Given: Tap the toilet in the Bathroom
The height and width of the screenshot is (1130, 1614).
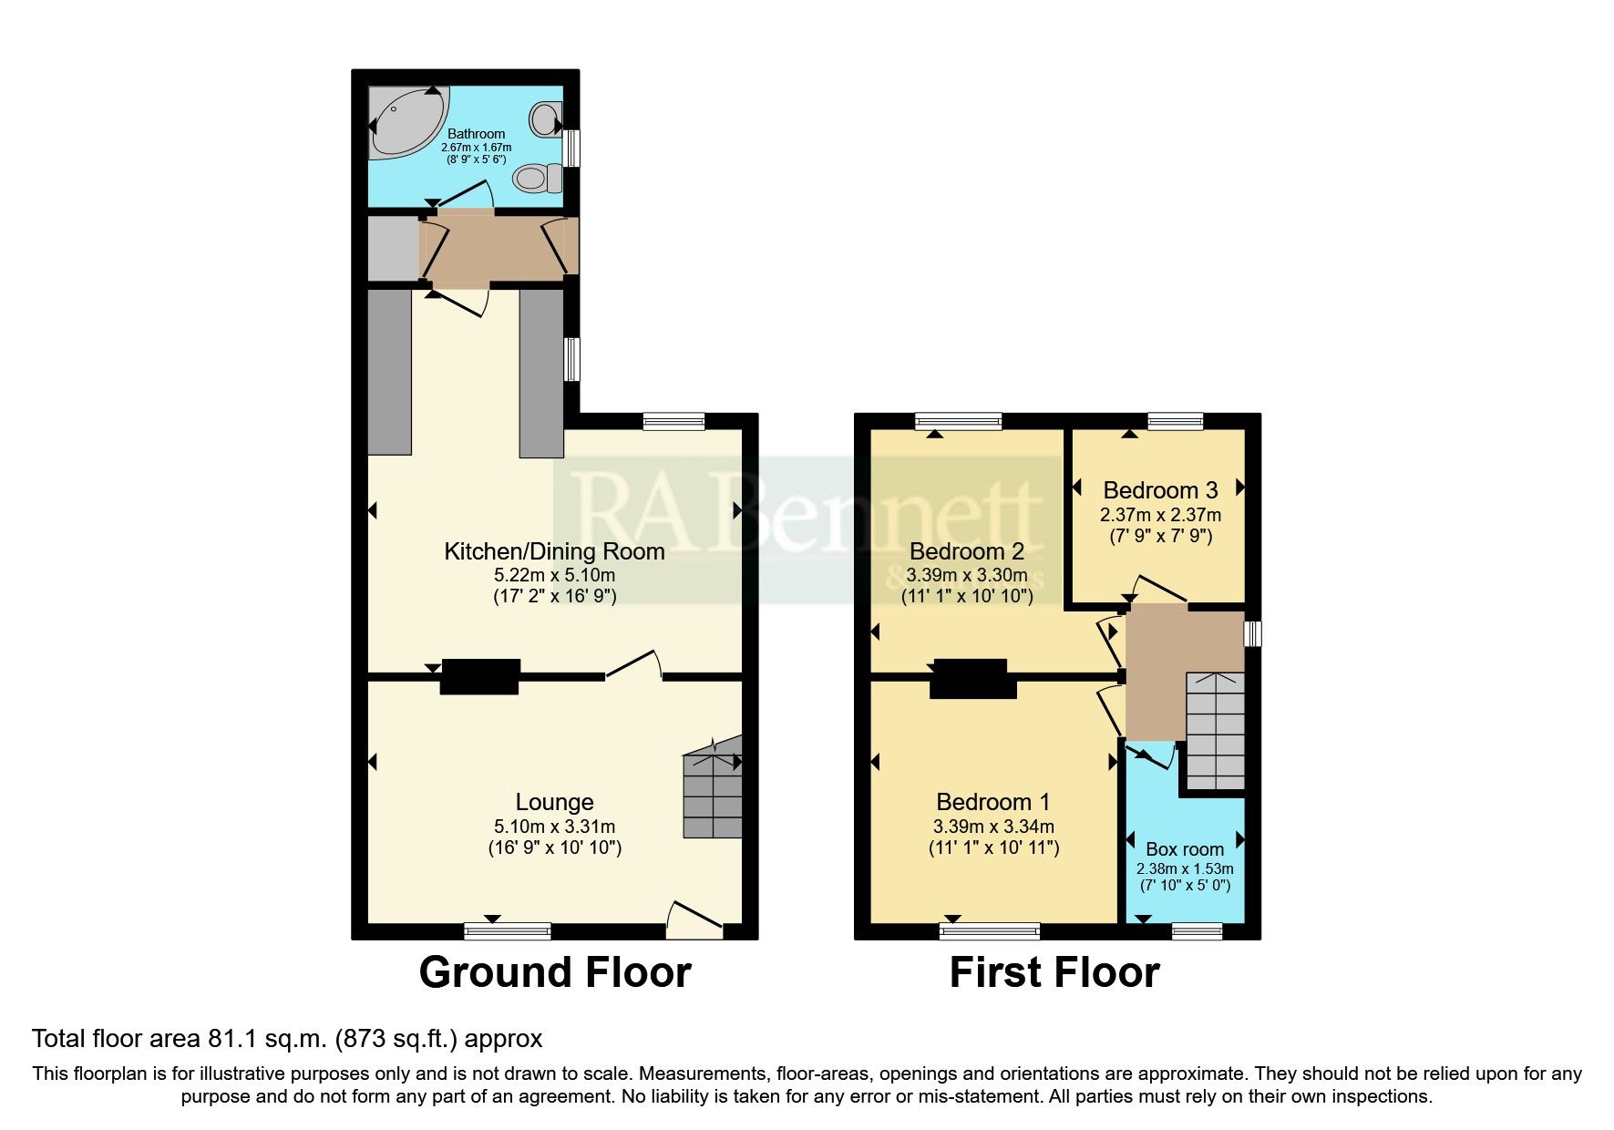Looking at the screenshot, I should [536, 177].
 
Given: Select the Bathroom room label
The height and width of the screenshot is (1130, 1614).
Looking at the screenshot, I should [476, 134].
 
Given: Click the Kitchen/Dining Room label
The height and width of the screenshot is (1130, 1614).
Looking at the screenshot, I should [554, 551].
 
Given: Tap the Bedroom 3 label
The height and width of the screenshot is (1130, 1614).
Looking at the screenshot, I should [1160, 490].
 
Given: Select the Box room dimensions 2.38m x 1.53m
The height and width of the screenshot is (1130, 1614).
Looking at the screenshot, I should [1185, 868].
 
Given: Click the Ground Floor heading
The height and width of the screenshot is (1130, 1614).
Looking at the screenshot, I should [554, 972].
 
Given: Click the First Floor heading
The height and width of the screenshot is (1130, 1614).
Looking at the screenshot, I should [1054, 972].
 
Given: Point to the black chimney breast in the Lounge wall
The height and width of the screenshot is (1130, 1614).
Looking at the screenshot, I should [479, 677].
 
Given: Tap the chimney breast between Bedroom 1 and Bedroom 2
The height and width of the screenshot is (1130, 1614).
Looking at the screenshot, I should [972, 679].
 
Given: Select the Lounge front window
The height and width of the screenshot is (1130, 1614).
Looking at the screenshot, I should [508, 930].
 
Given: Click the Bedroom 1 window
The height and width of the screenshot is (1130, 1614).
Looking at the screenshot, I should [990, 930].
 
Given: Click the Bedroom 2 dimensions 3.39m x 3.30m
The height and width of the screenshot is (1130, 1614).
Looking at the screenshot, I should [967, 575].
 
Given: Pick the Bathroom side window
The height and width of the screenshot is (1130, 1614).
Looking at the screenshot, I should [571, 148].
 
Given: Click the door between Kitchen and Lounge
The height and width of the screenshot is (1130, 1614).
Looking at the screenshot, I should [633, 665].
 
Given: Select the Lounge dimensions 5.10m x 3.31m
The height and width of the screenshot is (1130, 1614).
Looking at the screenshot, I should [554, 827].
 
